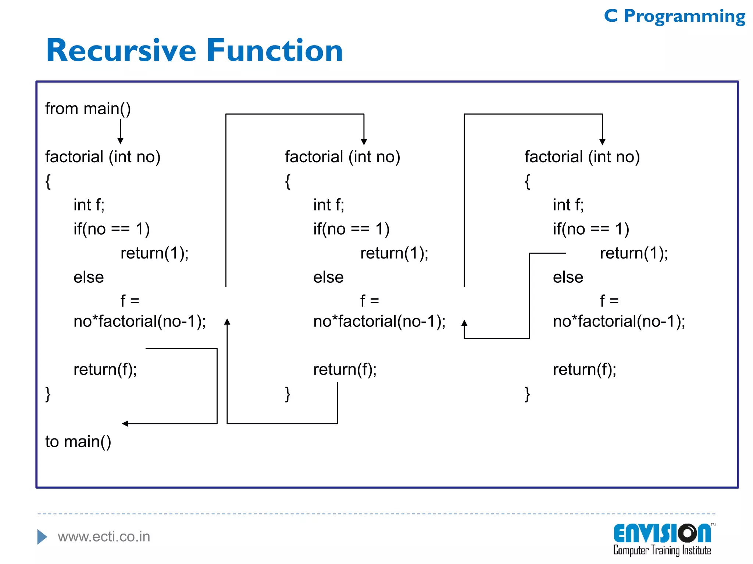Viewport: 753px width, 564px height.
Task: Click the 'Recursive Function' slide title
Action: pyautogui.click(x=195, y=51)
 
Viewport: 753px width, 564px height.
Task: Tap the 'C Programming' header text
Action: pyautogui.click(x=674, y=17)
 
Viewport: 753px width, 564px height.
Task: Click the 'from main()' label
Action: pyautogui.click(x=88, y=109)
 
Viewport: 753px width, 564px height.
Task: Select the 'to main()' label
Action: pyautogui.click(x=78, y=441)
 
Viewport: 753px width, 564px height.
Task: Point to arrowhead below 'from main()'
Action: pyautogui.click(x=120, y=141)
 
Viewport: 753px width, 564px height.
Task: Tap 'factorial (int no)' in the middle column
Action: pyautogui.click(x=342, y=157)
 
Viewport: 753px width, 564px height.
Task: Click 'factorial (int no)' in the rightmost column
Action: pyautogui.click(x=582, y=157)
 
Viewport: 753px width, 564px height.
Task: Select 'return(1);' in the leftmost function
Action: pyautogui.click(x=154, y=253)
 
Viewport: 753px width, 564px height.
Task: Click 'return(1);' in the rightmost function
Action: pyautogui.click(x=634, y=253)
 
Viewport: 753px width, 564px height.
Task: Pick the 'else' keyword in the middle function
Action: pyautogui.click(x=328, y=277)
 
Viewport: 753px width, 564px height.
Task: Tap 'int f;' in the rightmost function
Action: pyautogui.click(x=568, y=205)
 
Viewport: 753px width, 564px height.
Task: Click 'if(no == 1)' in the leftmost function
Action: pyautogui.click(x=111, y=229)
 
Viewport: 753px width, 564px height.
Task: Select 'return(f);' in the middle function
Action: pyautogui.click(x=345, y=369)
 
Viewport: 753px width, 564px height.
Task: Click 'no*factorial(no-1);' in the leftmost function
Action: pyautogui.click(x=140, y=321)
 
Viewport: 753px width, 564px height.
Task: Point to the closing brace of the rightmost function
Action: pyautogui.click(x=527, y=394)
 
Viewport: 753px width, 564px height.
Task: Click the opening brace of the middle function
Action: pyautogui.click(x=288, y=181)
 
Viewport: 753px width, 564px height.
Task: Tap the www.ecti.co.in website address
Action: pyautogui.click(x=104, y=536)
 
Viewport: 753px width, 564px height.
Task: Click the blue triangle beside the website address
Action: pyautogui.click(x=42, y=537)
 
